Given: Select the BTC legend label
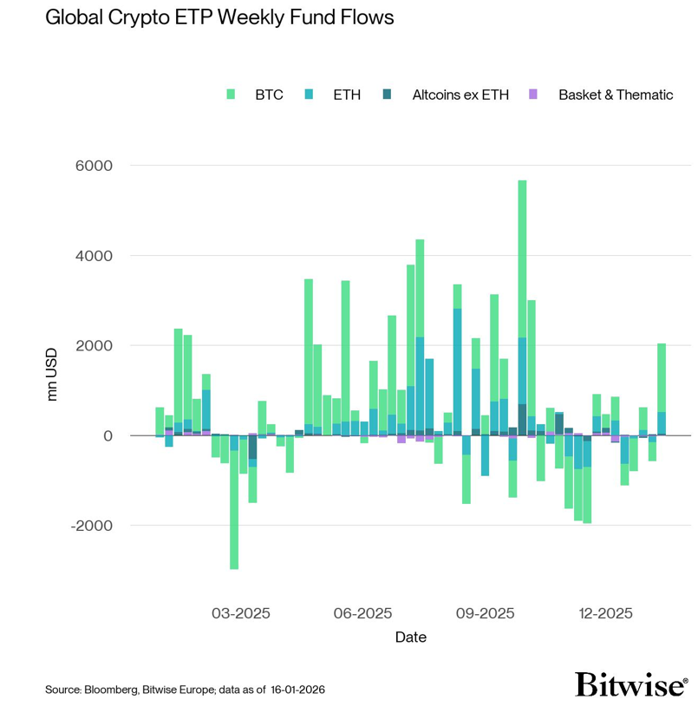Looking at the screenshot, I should click(x=269, y=95).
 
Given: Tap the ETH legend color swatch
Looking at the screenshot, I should click(x=310, y=94).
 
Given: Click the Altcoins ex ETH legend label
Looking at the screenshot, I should click(x=460, y=95).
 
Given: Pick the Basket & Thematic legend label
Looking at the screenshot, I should click(x=616, y=95).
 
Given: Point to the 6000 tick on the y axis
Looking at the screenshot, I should click(x=96, y=165).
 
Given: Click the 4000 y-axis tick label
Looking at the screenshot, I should click(x=96, y=255).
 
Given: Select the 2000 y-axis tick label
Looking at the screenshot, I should click(x=96, y=345).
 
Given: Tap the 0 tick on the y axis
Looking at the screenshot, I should click(x=108, y=435).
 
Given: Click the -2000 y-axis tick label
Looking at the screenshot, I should click(x=94, y=526).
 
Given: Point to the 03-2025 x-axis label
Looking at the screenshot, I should click(x=241, y=613).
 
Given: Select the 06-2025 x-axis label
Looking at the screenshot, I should click(x=363, y=613).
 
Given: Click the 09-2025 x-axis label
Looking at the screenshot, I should click(x=486, y=613).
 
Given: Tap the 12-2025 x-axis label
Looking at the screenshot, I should click(x=605, y=613).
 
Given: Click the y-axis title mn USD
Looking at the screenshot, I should click(x=52, y=375).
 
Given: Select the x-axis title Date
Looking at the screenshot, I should click(x=410, y=637).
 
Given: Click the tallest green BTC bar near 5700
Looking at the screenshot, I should click(x=522, y=260).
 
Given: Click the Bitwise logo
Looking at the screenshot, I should click(x=631, y=685).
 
